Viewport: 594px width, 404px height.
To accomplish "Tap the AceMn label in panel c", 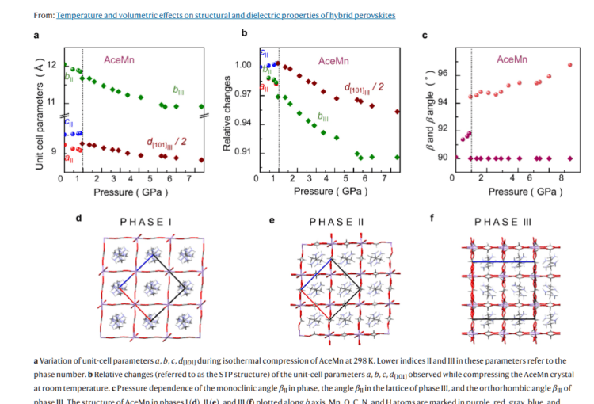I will pos(512,59).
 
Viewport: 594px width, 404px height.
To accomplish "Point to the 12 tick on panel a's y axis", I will pos(51,65).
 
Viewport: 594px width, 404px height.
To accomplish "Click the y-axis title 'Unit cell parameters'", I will pos(39,115).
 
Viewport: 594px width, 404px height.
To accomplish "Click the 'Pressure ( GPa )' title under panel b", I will pos(326,191).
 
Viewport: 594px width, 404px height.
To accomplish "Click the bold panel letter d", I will pos(78,215).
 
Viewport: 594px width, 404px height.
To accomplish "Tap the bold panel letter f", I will pos(432,215).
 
